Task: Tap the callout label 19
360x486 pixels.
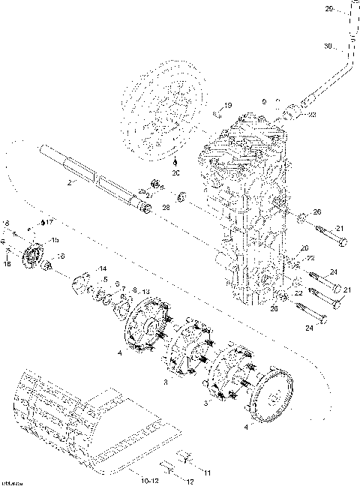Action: click(228, 105)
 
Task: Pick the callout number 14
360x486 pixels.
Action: click(103, 268)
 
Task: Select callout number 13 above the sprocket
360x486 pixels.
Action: click(146, 291)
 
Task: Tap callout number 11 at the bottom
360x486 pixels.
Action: click(207, 473)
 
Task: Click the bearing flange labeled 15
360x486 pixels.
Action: click(34, 255)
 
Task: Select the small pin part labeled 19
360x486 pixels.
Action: click(214, 113)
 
